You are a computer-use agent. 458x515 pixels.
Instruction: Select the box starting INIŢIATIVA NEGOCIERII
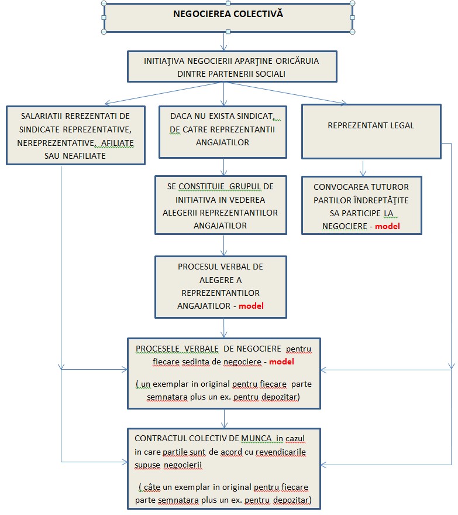[x=232, y=66]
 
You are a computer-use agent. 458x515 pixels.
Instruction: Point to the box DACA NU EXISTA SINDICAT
[x=223, y=131]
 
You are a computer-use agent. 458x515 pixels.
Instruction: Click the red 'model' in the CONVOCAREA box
[x=387, y=226]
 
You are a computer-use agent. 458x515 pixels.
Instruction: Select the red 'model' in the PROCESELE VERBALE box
[x=281, y=362]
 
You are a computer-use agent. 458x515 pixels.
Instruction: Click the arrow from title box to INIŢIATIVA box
[x=223, y=42]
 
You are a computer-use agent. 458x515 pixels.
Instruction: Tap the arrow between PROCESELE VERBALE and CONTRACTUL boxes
[x=225, y=418]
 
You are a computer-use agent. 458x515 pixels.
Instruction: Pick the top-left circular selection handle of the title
[x=104, y=4]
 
